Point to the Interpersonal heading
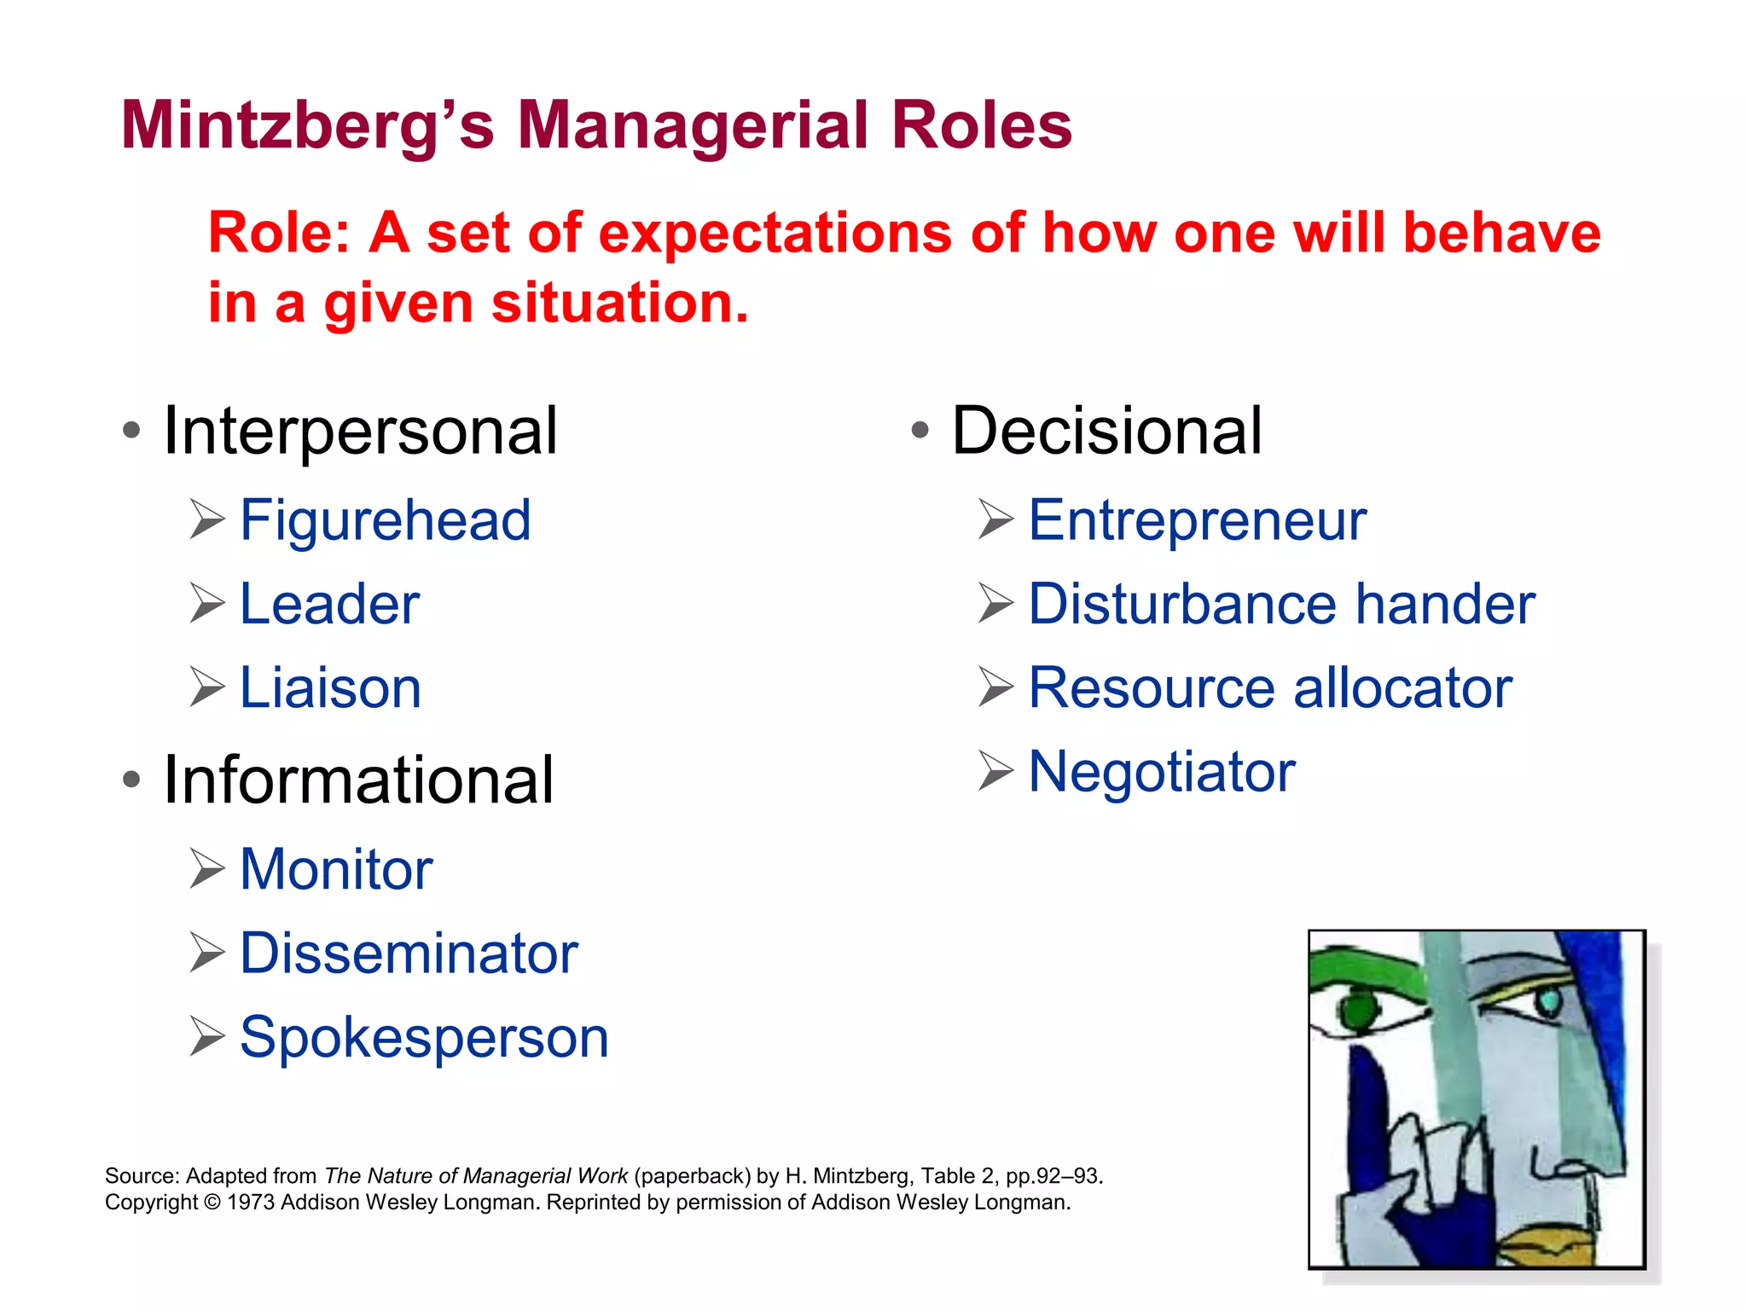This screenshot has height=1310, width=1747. [360, 432]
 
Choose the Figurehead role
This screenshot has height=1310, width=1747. [385, 520]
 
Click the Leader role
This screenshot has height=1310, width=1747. [329, 604]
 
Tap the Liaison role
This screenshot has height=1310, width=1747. [330, 687]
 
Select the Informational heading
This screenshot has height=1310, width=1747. [358, 780]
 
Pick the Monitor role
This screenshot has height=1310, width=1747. [336, 869]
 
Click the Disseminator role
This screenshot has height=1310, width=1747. [409, 953]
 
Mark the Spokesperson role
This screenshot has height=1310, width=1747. [424, 1037]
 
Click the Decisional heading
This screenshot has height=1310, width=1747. [1106, 432]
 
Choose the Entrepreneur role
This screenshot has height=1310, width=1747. [1197, 520]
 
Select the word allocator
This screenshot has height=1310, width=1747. [1402, 687]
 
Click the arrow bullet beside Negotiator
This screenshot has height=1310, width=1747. [995, 771]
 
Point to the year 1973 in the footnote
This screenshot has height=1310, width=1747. [252, 1203]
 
